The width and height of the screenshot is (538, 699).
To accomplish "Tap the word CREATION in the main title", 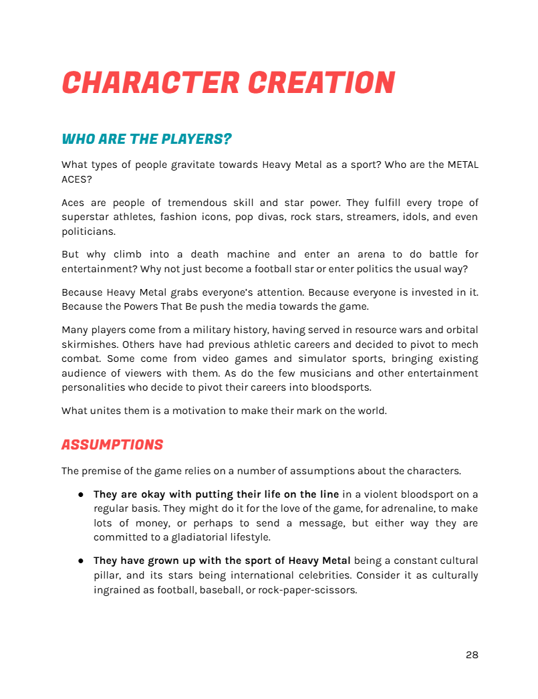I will pyautogui.click(x=321, y=83).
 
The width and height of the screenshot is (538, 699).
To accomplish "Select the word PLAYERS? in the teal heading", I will pyautogui.click(x=196, y=139).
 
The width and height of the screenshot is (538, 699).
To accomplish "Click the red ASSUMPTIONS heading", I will pyautogui.click(x=112, y=445).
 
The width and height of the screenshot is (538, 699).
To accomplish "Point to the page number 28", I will pyautogui.click(x=472, y=655).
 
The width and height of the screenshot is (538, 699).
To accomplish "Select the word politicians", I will pyautogui.click(x=88, y=231).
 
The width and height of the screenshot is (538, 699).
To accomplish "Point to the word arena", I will pyautogui.click(x=369, y=254).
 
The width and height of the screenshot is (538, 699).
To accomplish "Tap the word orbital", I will pyautogui.click(x=460, y=330).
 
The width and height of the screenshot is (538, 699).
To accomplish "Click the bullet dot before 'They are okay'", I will pyautogui.click(x=80, y=494).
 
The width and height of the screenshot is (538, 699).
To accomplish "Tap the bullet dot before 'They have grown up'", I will pyautogui.click(x=80, y=561).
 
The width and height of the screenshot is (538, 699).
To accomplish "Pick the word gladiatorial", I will pyautogui.click(x=192, y=537).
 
